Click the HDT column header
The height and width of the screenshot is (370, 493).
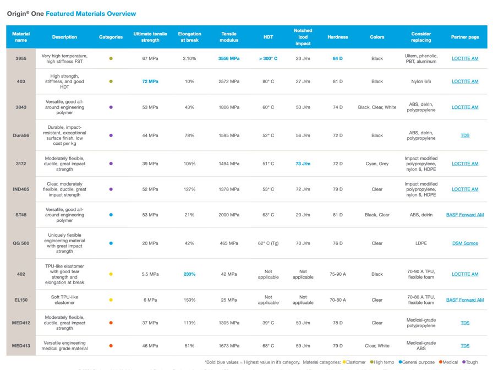pyautogui.click(x=268, y=37)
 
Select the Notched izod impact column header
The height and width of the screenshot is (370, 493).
pyautogui.click(x=303, y=37)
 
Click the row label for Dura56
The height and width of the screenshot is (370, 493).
pyautogui.click(x=21, y=135)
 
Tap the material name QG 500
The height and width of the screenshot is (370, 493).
pyautogui.click(x=21, y=243)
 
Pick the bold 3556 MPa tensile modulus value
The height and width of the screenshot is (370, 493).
pyautogui.click(x=229, y=58)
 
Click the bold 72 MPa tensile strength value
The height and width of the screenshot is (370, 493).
pyautogui.click(x=150, y=81)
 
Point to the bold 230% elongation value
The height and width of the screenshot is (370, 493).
pyautogui.click(x=189, y=274)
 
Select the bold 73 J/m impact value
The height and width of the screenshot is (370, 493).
pyautogui.click(x=303, y=164)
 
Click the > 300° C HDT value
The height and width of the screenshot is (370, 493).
pyautogui.click(x=268, y=58)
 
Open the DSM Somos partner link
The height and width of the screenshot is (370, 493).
pyautogui.click(x=465, y=243)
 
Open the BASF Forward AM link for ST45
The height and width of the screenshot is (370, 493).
pyautogui.click(x=465, y=215)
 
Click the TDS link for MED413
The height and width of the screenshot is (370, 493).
pyautogui.click(x=465, y=346)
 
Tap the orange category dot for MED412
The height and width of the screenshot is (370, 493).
pyautogui.click(x=111, y=323)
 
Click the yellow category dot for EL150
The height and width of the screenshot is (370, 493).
pyautogui.click(x=111, y=300)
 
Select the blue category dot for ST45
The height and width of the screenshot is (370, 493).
pyautogui.click(x=111, y=215)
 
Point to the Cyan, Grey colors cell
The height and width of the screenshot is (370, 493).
pyautogui.click(x=377, y=164)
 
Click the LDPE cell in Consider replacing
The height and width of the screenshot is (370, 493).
pyautogui.click(x=421, y=243)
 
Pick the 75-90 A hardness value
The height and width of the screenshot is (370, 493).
pyautogui.click(x=337, y=274)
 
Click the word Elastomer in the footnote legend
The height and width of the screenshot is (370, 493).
pyautogui.click(x=357, y=362)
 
